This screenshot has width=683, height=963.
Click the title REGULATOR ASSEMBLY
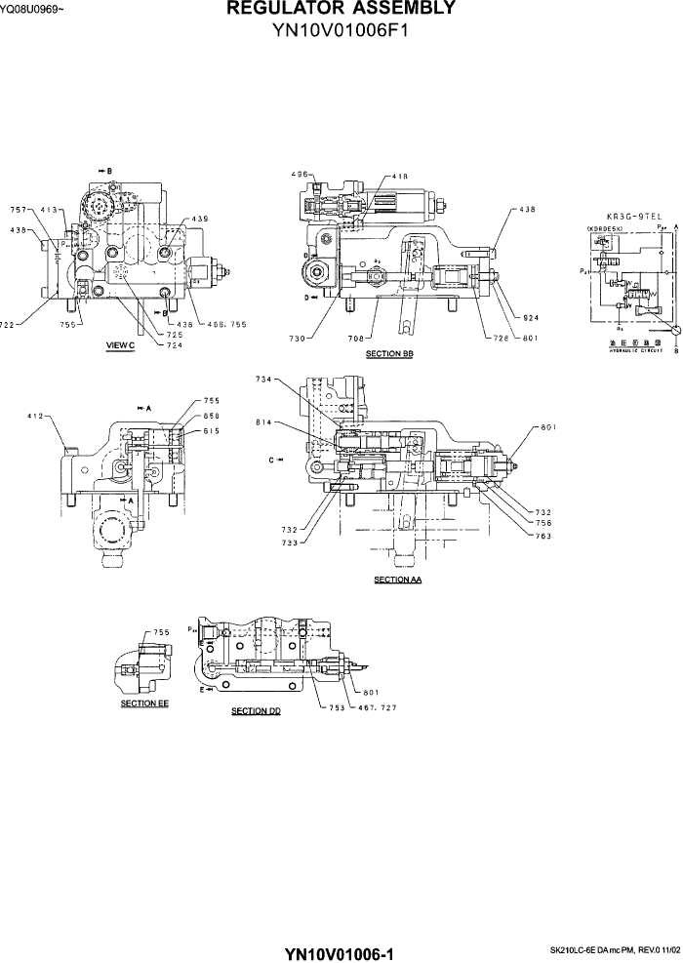(341, 9)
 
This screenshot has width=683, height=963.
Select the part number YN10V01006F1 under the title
(341, 29)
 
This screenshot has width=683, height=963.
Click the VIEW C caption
(120, 345)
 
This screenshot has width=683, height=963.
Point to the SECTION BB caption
(389, 353)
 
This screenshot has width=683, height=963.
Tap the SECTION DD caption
(256, 711)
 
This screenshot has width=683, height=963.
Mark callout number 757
(19, 209)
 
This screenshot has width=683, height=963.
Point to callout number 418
(400, 177)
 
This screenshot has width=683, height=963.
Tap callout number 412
(38, 417)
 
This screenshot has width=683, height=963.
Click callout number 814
(263, 423)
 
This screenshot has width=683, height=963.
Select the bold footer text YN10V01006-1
(341, 952)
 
